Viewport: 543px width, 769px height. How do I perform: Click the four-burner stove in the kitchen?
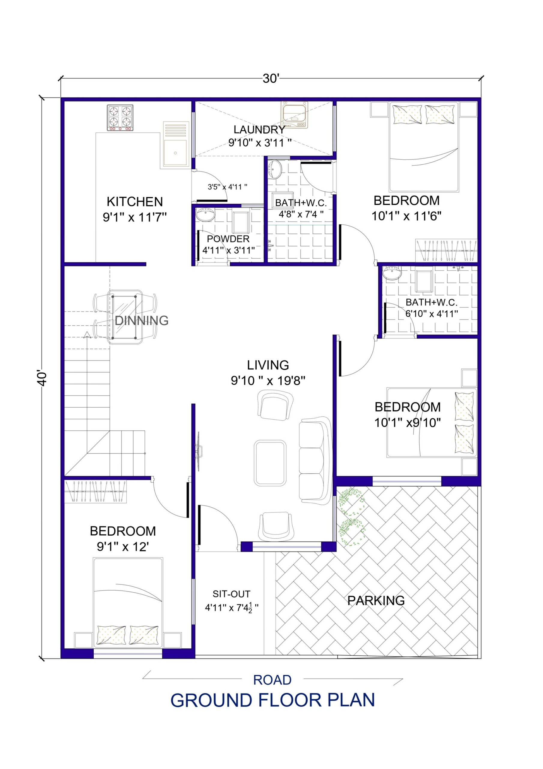[x=120, y=117]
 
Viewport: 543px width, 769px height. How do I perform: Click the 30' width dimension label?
[x=270, y=79]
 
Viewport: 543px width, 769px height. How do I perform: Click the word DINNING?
[x=141, y=321]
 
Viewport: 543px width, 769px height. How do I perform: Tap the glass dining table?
[x=124, y=317]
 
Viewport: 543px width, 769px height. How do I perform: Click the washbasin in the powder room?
[x=205, y=214]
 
